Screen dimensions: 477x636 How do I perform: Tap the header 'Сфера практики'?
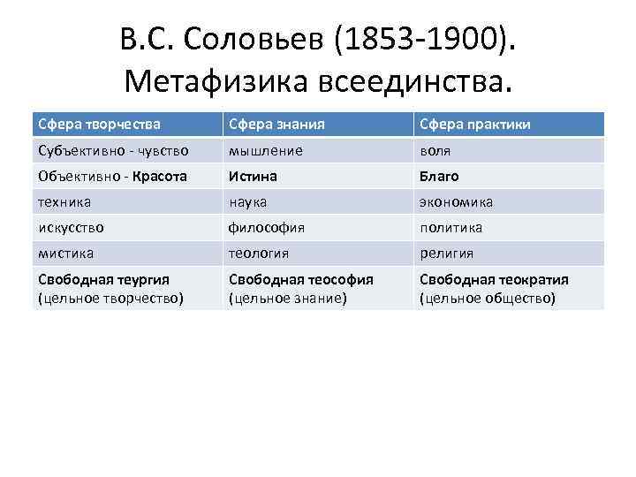475,125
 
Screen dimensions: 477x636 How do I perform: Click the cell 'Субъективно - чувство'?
112,150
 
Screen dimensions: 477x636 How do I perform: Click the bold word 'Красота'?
161,176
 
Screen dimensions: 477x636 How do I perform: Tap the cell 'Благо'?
439,176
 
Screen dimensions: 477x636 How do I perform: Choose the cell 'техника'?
64,201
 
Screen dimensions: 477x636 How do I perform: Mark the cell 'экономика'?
456,201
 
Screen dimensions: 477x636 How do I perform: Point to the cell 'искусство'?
71,227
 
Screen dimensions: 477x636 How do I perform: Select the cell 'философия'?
267,227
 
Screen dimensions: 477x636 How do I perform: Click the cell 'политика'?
450,227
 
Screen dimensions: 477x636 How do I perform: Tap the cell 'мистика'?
65,253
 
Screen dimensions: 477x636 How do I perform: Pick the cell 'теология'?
259,253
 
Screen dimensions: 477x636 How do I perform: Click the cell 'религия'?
446,253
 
